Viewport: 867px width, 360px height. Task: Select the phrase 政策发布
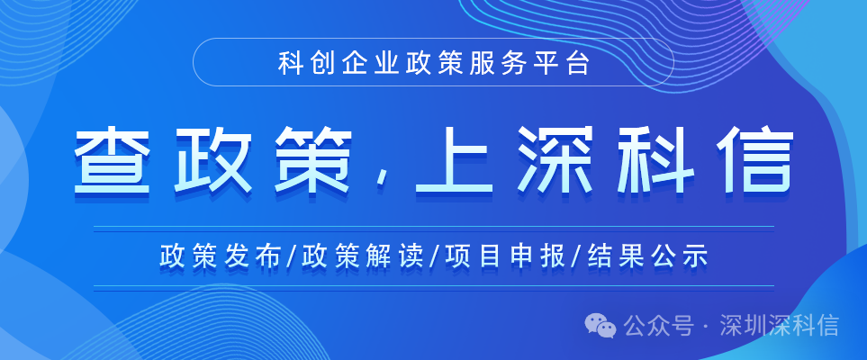pyautogui.click(x=217, y=256)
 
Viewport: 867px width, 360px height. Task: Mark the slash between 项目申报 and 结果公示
pyautogui.click(x=576, y=256)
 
